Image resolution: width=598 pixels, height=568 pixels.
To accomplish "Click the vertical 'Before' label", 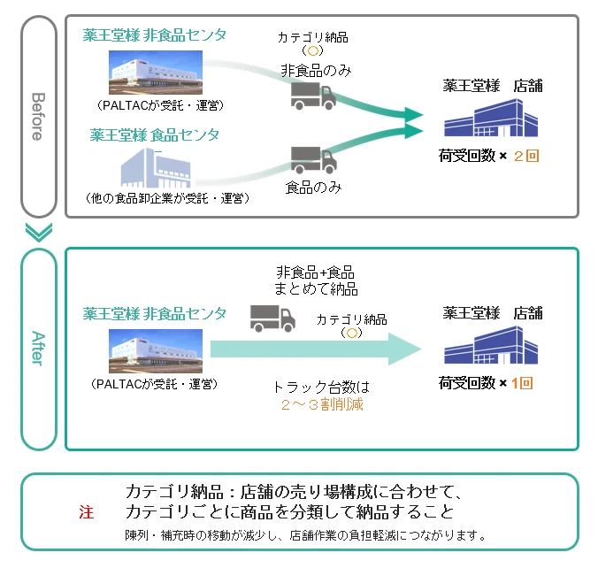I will point(37,116).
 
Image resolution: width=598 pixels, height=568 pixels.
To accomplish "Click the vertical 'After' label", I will point(37,349).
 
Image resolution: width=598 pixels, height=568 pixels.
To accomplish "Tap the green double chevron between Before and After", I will point(37,233).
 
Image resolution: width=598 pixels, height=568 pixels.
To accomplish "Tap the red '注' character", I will point(86,512).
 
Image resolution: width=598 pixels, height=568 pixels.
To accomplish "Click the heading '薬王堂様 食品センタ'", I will point(154,135).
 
